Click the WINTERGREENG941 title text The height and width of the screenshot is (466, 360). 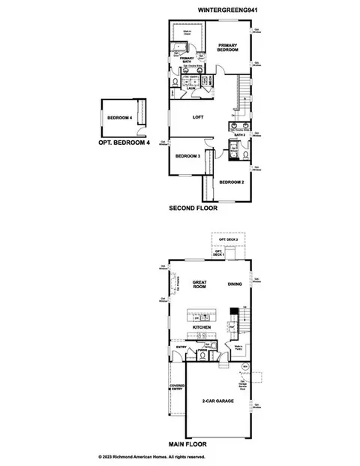click(227, 11)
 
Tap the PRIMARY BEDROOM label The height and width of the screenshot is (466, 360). click(228, 48)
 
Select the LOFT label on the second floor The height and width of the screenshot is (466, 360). click(198, 117)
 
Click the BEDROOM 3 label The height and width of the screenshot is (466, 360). click(187, 156)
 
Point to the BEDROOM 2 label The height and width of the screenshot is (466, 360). click(231, 182)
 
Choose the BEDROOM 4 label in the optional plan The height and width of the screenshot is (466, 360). click(119, 118)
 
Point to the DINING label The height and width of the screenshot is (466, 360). click(235, 284)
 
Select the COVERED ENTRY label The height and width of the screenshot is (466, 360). click(177, 388)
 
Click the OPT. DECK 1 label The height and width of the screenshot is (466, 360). click(219, 253)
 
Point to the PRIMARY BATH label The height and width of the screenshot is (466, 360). click(187, 60)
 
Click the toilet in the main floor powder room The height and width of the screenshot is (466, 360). click(214, 346)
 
